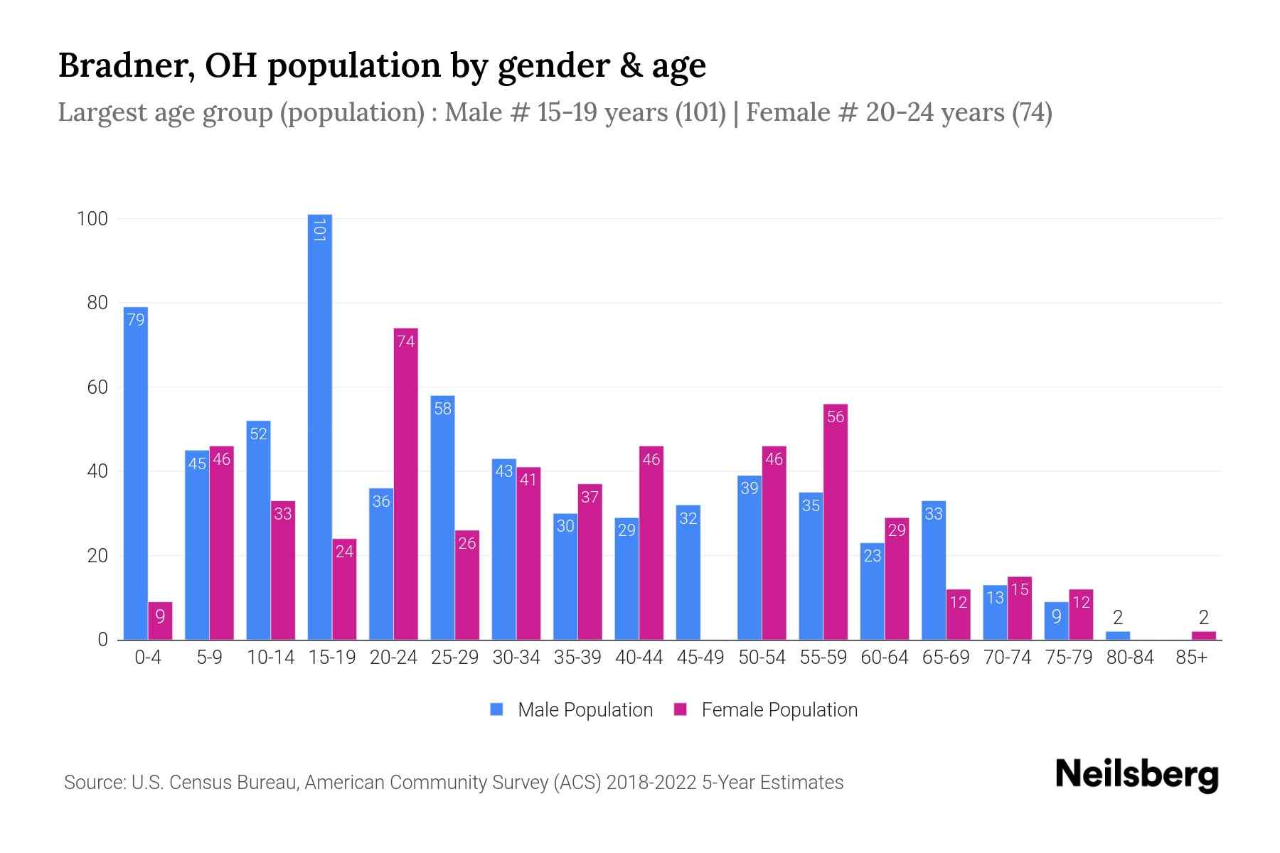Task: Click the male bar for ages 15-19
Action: click(319, 426)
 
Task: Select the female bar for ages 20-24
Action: click(405, 483)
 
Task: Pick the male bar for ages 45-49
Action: click(688, 572)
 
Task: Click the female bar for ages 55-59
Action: click(836, 522)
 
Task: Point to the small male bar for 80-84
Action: click(1117, 635)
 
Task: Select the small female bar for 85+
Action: click(1203, 635)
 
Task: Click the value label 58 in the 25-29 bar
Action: click(442, 409)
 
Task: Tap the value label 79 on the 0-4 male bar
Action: click(135, 320)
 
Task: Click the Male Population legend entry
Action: click(571, 709)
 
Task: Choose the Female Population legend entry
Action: click(765, 709)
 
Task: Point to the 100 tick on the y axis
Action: click(92, 219)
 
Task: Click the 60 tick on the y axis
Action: click(97, 387)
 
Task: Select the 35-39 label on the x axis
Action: click(577, 658)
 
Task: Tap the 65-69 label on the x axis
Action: click(946, 658)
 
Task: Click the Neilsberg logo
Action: click(1136, 775)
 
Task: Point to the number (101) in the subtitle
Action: click(700, 112)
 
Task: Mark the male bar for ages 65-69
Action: click(933, 569)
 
